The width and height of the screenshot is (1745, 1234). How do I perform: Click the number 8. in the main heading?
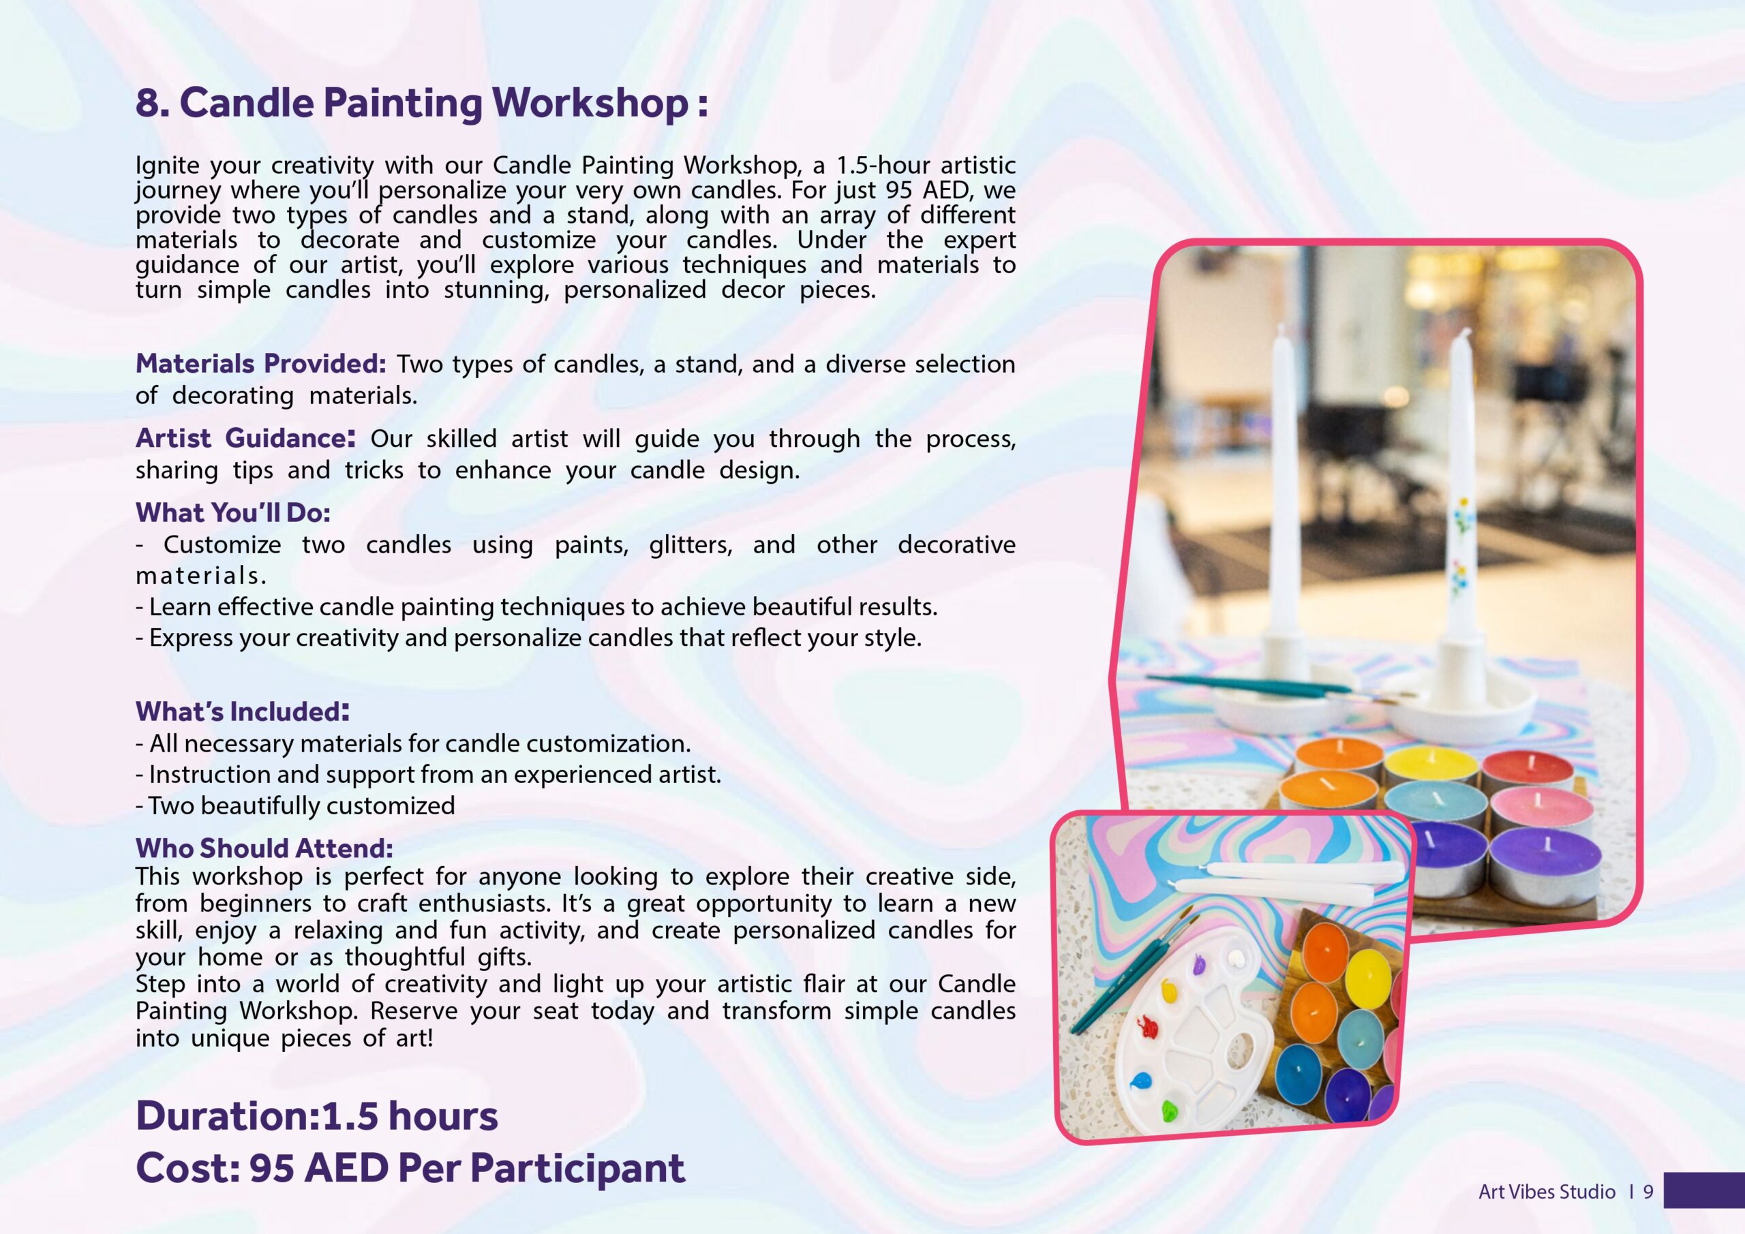(152, 103)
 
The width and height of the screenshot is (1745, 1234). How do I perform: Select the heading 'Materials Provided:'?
(260, 363)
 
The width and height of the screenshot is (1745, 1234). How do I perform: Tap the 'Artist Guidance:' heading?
(245, 437)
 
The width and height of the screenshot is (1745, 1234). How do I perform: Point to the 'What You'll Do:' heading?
(232, 512)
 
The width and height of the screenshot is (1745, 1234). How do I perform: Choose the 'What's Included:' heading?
(243, 711)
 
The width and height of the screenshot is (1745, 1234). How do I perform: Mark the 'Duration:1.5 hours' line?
(316, 1115)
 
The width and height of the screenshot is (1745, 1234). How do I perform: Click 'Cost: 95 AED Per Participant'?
(410, 1167)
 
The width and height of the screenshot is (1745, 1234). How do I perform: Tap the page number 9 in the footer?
(1648, 1192)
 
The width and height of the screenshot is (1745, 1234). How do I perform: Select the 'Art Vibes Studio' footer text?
(1547, 1192)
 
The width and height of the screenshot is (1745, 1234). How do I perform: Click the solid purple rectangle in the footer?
(1704, 1190)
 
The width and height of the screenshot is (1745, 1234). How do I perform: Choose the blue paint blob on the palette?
(1141, 1081)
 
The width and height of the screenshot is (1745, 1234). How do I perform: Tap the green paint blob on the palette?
(1170, 1111)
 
